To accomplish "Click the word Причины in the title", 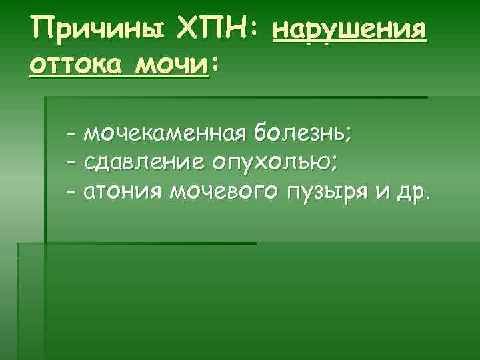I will coord(93,30).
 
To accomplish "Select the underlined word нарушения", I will coord(349,30).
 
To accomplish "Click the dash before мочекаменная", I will coord(71,134).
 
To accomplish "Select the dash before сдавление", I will coord(71,163).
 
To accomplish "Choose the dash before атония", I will coord(71,193).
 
